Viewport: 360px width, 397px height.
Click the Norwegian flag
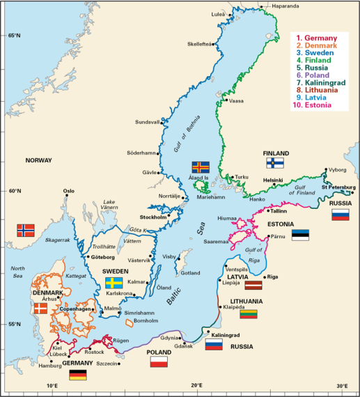pos(25,231)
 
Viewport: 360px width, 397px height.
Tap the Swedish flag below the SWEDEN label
pos(114,283)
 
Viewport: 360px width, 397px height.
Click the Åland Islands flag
pos(201,167)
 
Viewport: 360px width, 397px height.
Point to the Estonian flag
pos(300,235)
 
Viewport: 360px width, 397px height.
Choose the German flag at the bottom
pos(78,375)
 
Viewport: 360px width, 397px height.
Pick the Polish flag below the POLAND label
pos(159,362)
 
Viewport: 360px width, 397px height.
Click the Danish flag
pos(41,308)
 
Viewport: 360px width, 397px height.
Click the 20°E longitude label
pos(196,385)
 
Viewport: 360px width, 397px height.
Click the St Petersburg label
pos(338,187)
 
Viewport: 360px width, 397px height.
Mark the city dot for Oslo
pos(68,196)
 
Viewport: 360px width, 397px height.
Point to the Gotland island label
pos(190,273)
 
